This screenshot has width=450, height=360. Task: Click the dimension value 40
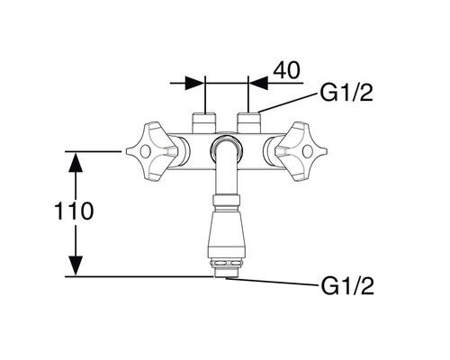click(286, 70)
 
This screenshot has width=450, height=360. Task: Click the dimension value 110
click(74, 211)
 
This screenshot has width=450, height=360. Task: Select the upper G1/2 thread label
click(346, 93)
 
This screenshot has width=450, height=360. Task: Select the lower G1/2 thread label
click(347, 285)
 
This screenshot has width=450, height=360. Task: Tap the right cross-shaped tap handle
click(301, 151)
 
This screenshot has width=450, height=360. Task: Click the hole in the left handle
click(145, 151)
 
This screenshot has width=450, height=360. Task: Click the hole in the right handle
click(308, 151)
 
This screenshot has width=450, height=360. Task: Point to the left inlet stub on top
click(204, 122)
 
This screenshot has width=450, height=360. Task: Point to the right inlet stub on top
click(248, 122)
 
